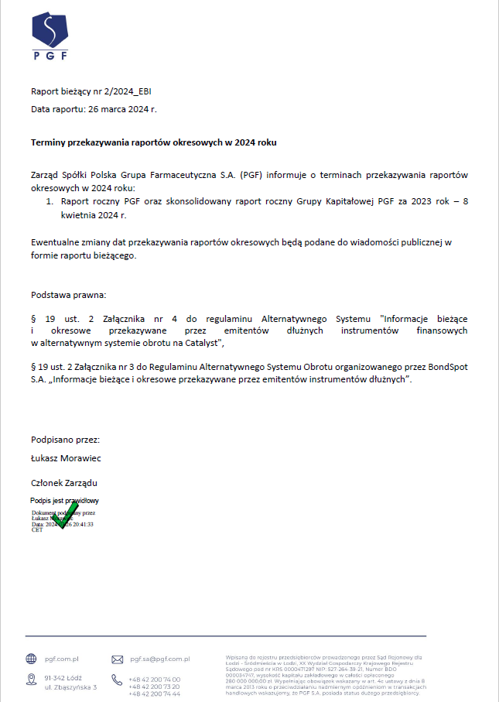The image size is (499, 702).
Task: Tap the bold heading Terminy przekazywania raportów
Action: point(153,142)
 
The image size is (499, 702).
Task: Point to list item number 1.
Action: point(50,201)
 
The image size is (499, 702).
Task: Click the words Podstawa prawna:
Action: point(69,295)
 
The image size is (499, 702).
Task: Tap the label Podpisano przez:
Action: point(65,440)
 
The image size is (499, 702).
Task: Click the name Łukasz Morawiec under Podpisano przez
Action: point(66,458)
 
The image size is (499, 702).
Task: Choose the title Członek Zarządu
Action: point(64,482)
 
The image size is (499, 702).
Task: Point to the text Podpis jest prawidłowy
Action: point(64,501)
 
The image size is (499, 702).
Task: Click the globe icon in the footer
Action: point(31,659)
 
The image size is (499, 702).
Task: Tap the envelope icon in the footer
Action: point(118,659)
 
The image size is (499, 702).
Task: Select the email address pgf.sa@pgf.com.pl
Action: point(160,659)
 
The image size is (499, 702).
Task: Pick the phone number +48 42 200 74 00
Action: point(154,679)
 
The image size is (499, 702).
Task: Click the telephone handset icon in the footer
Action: point(118,680)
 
